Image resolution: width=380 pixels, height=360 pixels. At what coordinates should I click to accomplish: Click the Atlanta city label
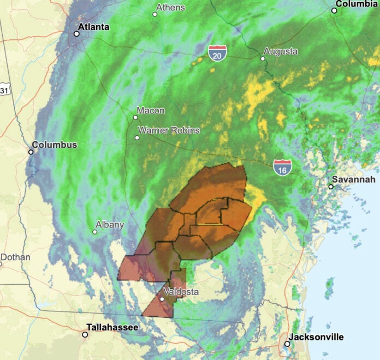(93, 27)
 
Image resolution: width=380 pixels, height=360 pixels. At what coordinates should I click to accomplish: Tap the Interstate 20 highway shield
(217, 53)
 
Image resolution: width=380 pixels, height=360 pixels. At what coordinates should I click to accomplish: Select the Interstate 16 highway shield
(282, 167)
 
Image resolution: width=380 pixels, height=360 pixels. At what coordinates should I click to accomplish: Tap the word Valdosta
(181, 292)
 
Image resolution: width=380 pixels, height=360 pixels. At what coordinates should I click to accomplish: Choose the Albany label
(110, 224)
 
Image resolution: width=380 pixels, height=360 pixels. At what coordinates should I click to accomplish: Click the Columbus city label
(54, 145)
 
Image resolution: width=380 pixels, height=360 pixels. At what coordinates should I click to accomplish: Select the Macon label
(151, 110)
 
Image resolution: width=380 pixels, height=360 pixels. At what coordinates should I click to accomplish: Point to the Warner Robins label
(168, 130)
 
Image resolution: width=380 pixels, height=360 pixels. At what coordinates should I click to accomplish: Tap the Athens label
(170, 8)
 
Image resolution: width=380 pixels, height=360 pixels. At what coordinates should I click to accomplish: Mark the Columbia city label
(357, 3)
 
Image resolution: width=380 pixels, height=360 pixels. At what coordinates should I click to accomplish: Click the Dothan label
(15, 257)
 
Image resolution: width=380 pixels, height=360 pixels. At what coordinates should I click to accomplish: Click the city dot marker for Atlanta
(76, 34)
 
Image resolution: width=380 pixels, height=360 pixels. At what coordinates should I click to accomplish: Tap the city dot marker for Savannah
(331, 187)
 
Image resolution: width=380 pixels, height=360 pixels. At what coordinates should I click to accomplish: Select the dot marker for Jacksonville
(287, 344)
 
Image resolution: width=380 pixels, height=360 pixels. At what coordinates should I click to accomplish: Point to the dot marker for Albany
(94, 232)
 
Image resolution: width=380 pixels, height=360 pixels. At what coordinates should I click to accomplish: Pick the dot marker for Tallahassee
(85, 334)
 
